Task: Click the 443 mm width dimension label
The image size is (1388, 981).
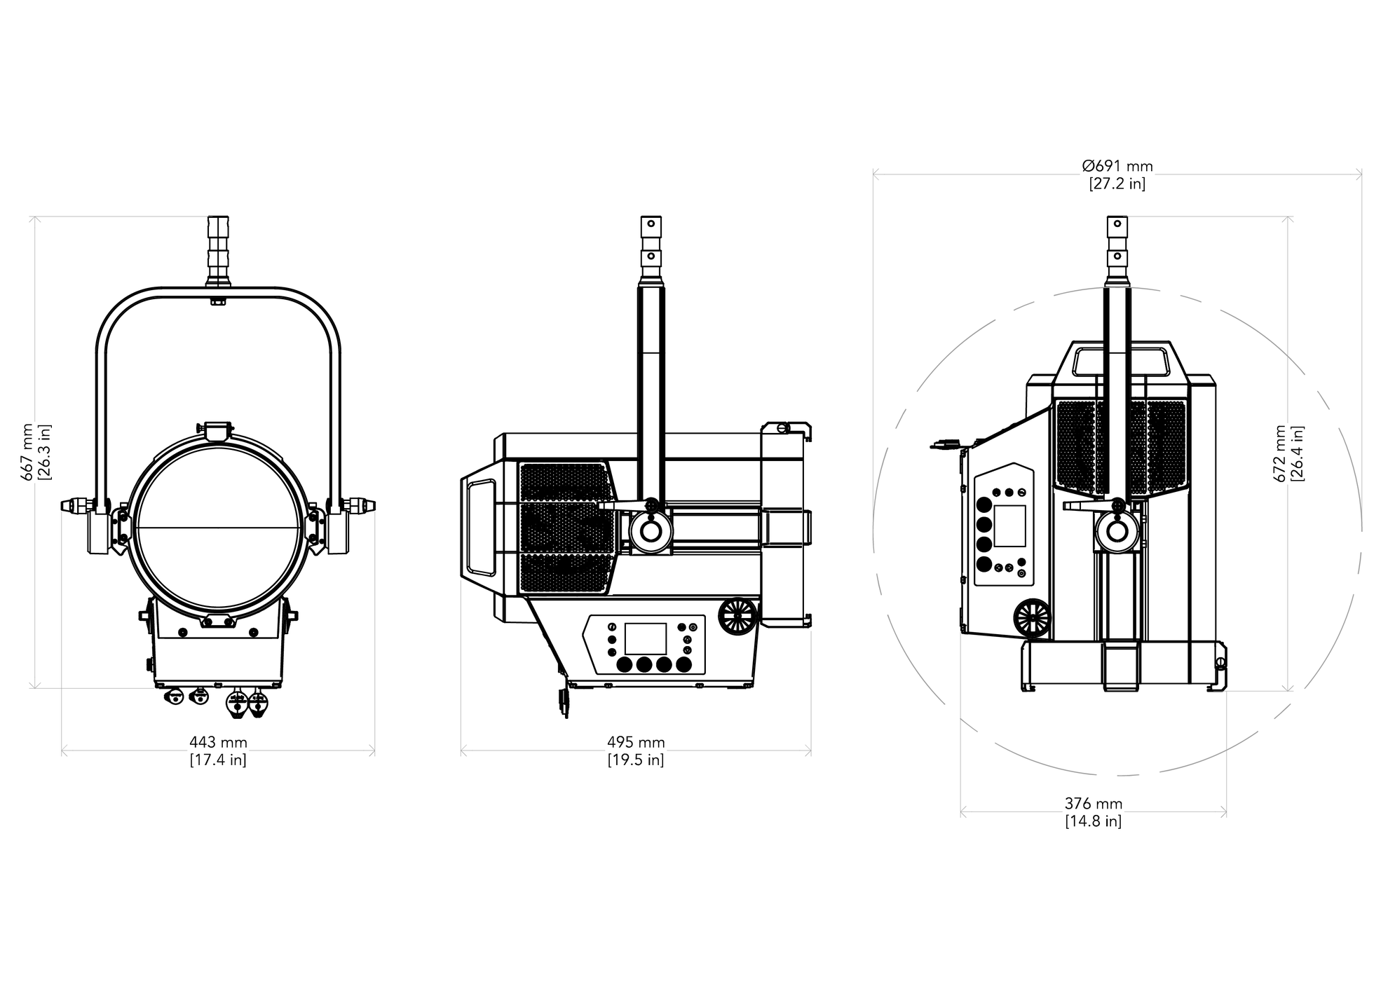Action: (x=218, y=742)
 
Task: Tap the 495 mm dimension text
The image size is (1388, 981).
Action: (x=636, y=742)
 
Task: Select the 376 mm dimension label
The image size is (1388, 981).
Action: (x=1094, y=804)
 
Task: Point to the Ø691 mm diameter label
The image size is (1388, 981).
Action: (x=1117, y=166)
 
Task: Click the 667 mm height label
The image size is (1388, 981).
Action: (x=27, y=452)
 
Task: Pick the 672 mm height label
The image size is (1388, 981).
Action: (x=1280, y=453)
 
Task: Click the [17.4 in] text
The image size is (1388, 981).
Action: (x=218, y=760)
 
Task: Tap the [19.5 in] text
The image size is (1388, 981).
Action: (x=636, y=760)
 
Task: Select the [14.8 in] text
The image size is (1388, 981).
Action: (x=1094, y=821)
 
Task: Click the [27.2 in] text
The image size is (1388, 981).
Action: (x=1117, y=184)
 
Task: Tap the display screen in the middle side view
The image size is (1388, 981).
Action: (x=646, y=639)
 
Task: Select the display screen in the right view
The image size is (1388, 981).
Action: (x=1009, y=526)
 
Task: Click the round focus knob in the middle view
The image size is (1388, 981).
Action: (x=738, y=615)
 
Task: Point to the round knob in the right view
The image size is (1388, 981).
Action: (x=1033, y=618)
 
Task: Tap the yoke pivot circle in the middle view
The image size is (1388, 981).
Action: (x=651, y=531)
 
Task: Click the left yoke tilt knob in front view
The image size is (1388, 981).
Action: (x=79, y=505)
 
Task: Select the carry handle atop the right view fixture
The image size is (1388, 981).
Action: (x=1122, y=362)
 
